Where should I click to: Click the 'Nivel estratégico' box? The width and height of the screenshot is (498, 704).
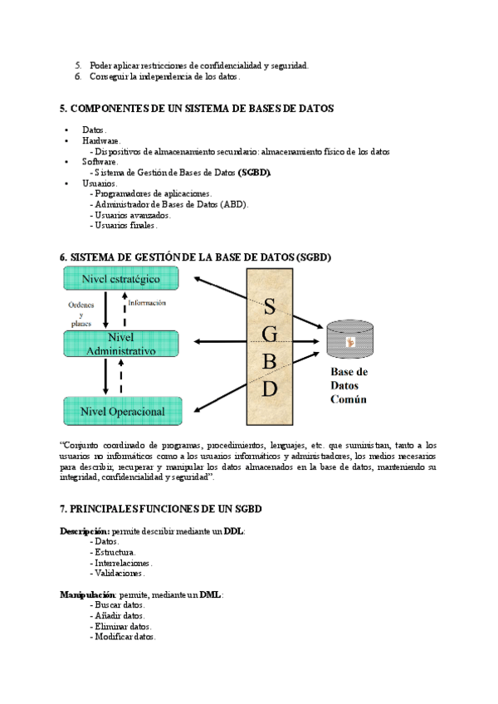[120, 279]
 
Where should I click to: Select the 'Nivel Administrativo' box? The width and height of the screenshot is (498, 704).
[120, 344]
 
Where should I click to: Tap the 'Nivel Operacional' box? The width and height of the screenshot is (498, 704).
[122, 411]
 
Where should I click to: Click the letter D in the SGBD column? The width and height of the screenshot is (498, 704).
[269, 388]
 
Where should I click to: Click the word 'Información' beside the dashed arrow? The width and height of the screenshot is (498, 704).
[153, 303]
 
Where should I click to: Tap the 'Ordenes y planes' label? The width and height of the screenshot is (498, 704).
[81, 313]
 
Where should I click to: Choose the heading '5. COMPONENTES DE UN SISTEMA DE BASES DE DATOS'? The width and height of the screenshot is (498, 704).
[197, 109]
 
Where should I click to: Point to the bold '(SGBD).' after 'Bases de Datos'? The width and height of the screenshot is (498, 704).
[255, 173]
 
